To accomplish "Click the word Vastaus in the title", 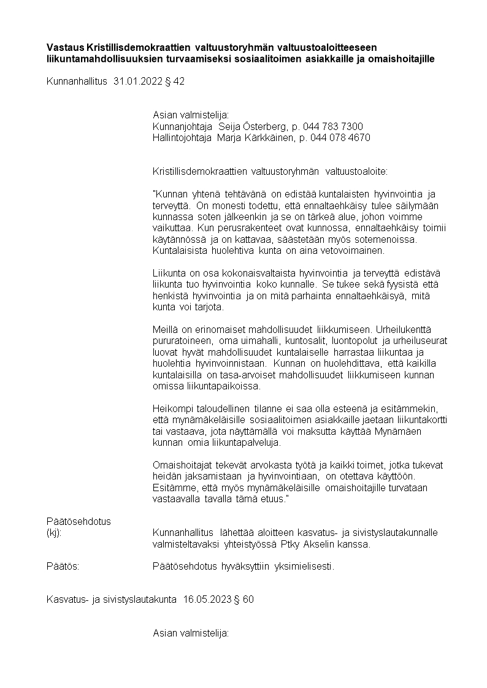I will (x=66, y=47).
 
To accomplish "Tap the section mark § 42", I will (x=175, y=81).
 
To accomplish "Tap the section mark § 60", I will (x=243, y=599).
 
